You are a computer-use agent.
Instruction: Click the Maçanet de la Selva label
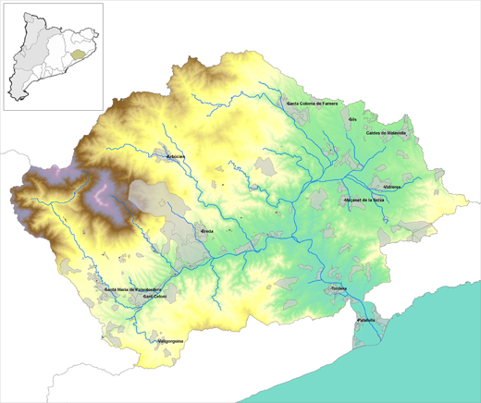pyautogui.click(x=364, y=199)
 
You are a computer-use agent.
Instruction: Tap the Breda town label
pyautogui.click(x=207, y=230)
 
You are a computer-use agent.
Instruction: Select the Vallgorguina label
pyautogui.click(x=170, y=342)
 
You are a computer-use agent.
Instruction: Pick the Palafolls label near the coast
pyautogui.click(x=367, y=320)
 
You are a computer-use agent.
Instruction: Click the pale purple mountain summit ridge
pyautogui.click(x=101, y=194)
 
